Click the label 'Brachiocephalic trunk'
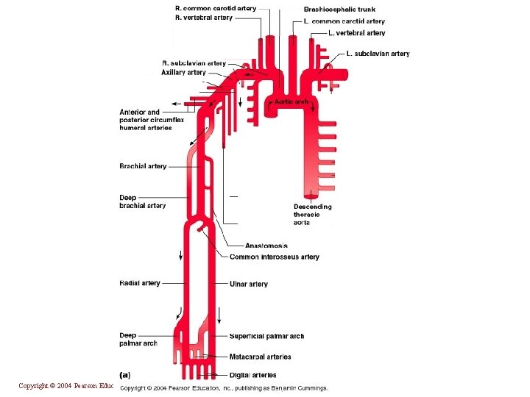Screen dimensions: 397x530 tap(339, 10)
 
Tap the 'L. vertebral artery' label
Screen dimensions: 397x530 tap(356, 33)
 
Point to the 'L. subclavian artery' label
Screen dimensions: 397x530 tap(378, 54)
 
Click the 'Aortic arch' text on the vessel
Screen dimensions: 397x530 tap(291, 102)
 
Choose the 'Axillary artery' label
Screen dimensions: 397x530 tap(184, 73)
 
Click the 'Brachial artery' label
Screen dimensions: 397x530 tap(143, 166)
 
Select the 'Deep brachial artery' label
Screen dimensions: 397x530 tap(142, 201)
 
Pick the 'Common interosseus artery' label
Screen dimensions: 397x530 tap(274, 257)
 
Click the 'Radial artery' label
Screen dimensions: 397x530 tap(139, 283)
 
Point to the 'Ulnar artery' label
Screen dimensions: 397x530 tap(248, 284)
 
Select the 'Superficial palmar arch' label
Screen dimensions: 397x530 tap(266, 336)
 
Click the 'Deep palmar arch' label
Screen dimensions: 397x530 tap(138, 340)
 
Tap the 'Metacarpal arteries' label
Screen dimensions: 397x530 tap(260, 357)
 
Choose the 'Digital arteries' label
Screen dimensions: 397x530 tap(252, 375)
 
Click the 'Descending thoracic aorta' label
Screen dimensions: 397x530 tap(312, 214)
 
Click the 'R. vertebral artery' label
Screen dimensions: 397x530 tap(203, 18)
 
